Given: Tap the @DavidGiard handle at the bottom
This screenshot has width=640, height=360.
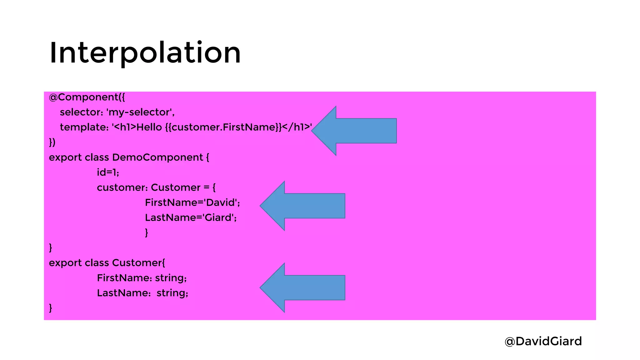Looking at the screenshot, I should click(543, 341).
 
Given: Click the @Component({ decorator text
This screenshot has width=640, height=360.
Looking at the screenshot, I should click(87, 97).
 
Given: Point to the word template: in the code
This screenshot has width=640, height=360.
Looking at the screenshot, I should click(84, 127).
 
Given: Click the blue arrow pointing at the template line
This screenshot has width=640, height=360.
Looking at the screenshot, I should click(354, 131).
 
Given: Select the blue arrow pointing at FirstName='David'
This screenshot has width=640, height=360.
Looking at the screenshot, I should click(302, 206).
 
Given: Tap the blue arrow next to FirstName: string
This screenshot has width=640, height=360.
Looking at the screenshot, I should click(302, 287).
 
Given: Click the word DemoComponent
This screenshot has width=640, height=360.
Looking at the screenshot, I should click(157, 157).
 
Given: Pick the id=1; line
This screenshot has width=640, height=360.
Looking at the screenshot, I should click(108, 172).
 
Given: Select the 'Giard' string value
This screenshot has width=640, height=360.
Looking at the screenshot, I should click(220, 217).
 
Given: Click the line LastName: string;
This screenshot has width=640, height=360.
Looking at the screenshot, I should click(142, 293).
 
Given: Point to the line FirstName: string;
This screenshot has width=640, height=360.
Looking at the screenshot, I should click(142, 278).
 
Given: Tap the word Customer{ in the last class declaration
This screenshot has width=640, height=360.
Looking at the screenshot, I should click(138, 263).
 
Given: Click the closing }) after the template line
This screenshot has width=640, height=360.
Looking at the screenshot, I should click(52, 142).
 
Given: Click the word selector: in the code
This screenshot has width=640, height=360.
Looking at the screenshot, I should click(81, 112).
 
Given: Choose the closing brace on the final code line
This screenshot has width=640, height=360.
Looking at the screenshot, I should click(51, 308).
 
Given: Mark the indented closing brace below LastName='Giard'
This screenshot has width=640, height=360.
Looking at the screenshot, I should click(146, 232).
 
